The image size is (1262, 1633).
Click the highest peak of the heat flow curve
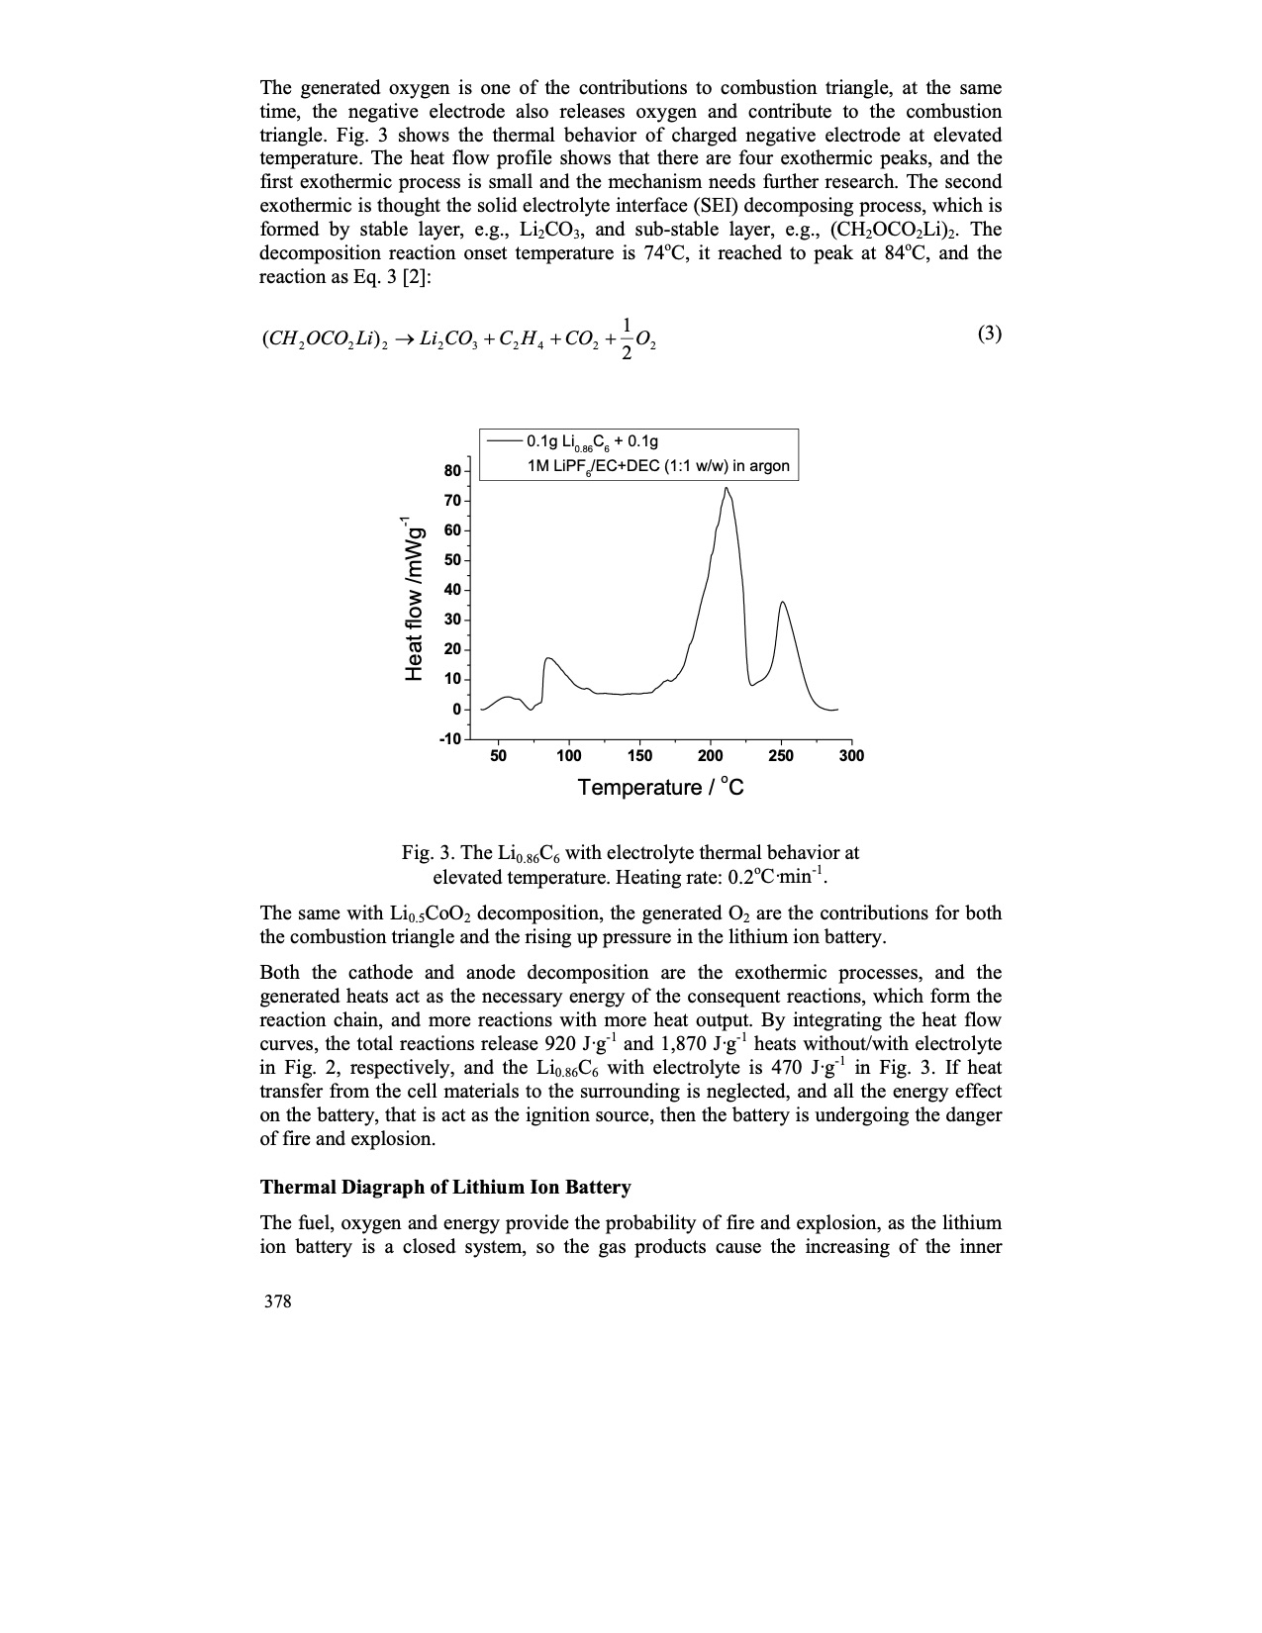pos(726,488)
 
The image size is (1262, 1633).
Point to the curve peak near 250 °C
pos(782,602)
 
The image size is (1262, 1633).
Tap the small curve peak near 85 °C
pos(548,658)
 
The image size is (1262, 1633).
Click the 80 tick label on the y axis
pos(452,470)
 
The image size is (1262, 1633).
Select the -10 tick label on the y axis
pos(449,739)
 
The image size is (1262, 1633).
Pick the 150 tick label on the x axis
pos(639,756)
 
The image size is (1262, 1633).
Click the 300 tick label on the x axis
pos(851,756)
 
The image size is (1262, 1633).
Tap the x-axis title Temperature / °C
pos(660,788)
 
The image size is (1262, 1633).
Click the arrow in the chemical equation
pos(401,339)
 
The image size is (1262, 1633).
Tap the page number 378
pos(277,1301)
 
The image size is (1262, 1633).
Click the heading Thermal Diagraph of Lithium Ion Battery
pos(445,1187)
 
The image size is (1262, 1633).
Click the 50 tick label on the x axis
pos(498,756)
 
